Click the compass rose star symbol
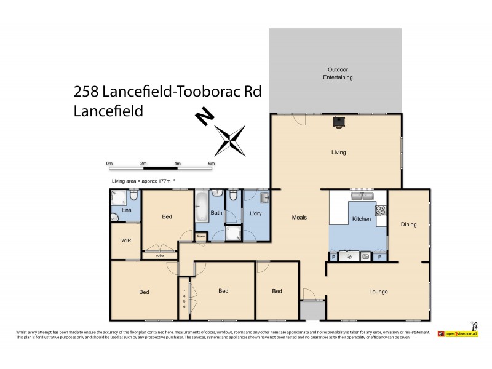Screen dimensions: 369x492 (x=230, y=139)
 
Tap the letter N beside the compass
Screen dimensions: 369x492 (x=204, y=117)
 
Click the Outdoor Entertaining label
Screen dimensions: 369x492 (x=338, y=74)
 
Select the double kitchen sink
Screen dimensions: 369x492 (x=363, y=196)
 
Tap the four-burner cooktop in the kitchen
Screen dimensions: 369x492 (x=381, y=210)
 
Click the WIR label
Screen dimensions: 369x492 (x=126, y=240)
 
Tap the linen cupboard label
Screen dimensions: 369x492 (x=200, y=236)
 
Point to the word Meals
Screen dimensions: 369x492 (x=299, y=217)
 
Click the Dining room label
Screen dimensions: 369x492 (x=408, y=224)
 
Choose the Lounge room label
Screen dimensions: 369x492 (x=378, y=291)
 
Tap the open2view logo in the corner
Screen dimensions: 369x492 (x=458, y=333)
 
